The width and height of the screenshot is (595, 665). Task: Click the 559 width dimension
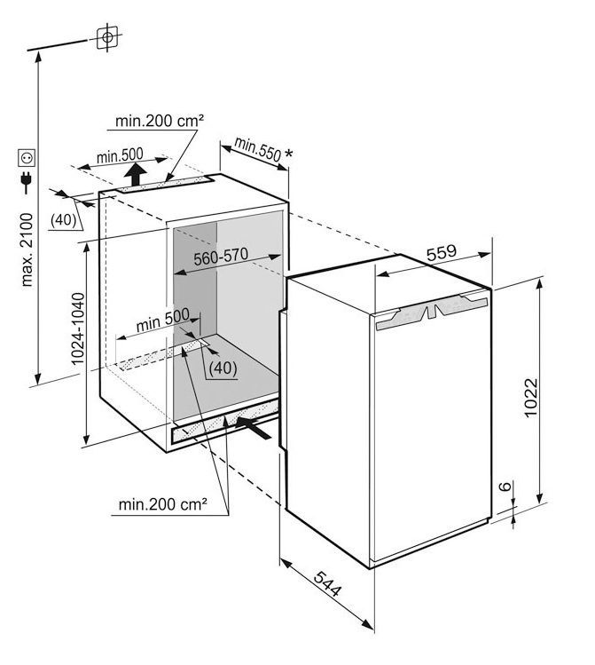tap(441, 252)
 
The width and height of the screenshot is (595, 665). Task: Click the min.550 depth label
tap(259, 150)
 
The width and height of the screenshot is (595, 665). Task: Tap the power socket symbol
tap(26, 159)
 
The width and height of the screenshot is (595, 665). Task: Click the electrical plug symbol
tap(26, 184)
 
